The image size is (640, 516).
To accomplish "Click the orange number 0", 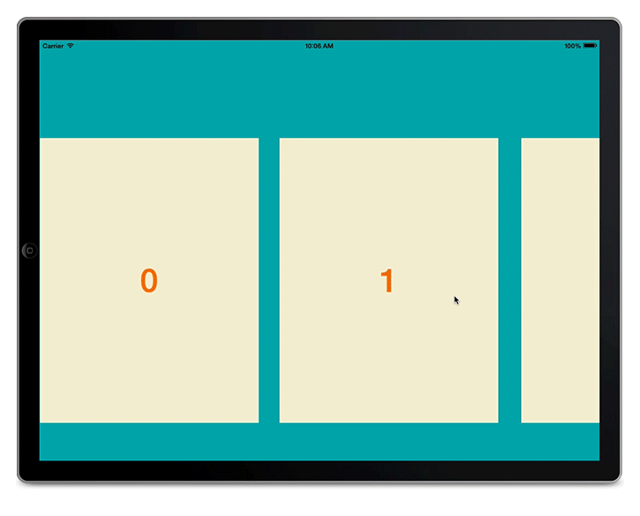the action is click(149, 280).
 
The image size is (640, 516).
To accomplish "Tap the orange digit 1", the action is click(387, 281).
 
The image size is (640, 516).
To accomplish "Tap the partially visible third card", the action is click(560, 280).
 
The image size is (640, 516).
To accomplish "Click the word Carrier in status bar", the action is click(53, 46).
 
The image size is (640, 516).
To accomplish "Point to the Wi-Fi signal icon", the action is click(71, 46).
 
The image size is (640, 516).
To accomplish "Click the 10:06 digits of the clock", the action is click(313, 46).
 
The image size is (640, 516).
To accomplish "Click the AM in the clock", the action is click(328, 46).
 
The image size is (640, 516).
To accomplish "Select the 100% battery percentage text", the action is click(572, 46).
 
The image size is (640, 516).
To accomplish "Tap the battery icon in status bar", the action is click(590, 46).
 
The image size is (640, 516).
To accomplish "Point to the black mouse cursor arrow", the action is click(456, 300).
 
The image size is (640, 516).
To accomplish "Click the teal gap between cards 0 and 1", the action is click(269, 280).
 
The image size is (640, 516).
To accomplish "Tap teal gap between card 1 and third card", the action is click(509, 280).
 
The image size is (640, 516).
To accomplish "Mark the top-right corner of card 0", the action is click(258, 139).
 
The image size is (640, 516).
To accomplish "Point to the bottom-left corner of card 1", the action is click(281, 421).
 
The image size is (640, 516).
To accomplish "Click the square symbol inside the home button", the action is click(30, 251).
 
